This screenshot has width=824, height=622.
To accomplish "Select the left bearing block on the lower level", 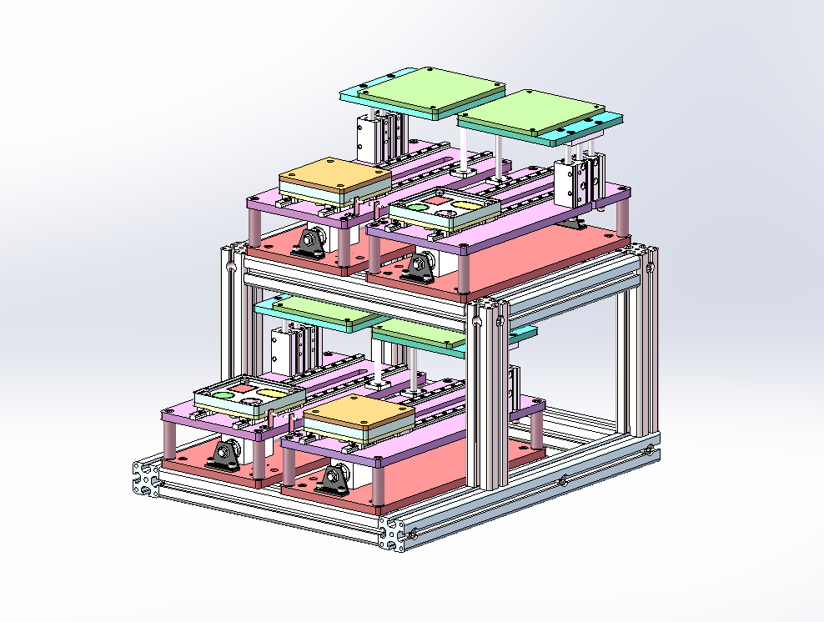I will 225,455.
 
